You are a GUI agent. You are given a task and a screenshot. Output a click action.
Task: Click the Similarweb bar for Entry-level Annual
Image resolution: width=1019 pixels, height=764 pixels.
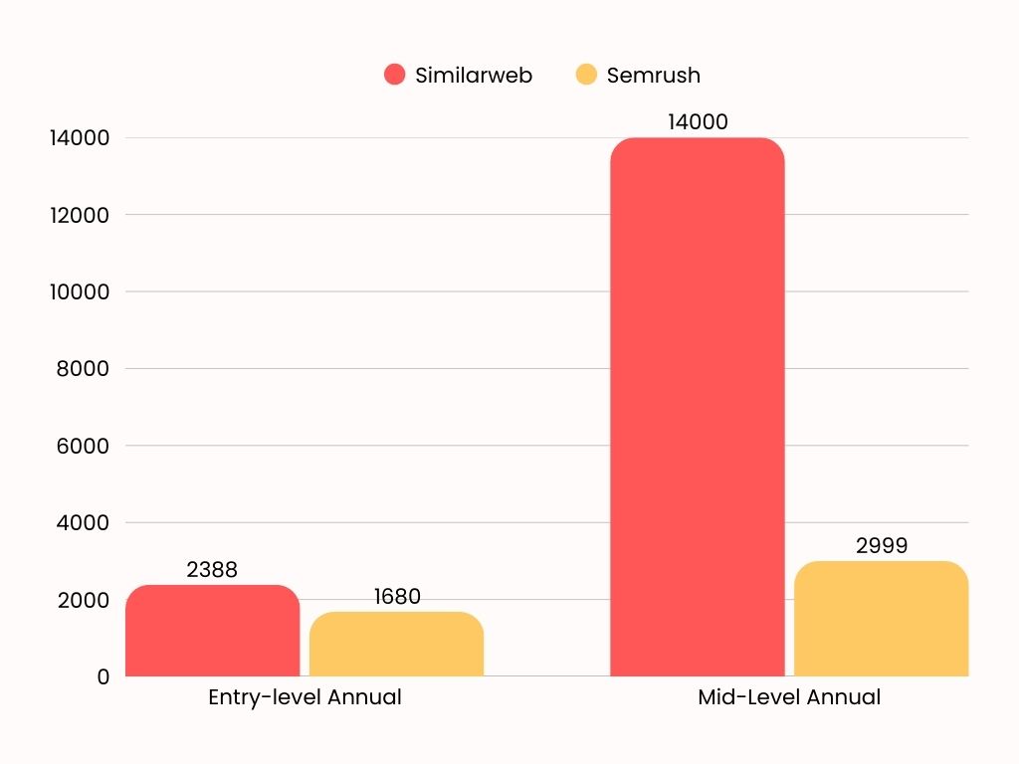tap(212, 632)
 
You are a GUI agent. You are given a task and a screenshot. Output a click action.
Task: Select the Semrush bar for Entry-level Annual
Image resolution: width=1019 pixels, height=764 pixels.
tap(396, 645)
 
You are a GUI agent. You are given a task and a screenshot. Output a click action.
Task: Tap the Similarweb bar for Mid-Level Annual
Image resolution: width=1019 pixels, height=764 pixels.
tap(697, 408)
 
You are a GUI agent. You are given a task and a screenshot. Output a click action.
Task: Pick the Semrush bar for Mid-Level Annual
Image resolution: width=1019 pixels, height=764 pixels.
tap(881, 619)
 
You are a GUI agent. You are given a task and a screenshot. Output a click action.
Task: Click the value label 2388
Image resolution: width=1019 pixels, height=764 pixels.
tap(212, 570)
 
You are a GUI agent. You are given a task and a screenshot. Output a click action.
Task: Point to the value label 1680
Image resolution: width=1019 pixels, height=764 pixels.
tap(397, 597)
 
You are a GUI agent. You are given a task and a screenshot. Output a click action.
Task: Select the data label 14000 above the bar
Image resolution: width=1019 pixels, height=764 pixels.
tap(698, 122)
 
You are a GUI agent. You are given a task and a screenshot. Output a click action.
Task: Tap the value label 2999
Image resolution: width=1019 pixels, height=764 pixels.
tap(882, 546)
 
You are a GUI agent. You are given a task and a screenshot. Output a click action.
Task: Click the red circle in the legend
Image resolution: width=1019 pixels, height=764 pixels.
tap(395, 75)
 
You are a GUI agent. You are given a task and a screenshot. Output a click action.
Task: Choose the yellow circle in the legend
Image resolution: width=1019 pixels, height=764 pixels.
tap(586, 75)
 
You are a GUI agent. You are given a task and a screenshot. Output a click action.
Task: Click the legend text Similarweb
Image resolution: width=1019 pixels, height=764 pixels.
tap(474, 76)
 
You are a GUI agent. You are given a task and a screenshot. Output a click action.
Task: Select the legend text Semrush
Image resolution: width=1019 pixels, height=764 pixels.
tap(653, 76)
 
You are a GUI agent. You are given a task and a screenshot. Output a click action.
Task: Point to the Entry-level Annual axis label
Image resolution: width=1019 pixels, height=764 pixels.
tap(305, 697)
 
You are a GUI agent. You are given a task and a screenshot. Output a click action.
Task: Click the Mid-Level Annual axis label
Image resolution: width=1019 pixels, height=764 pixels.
tap(789, 697)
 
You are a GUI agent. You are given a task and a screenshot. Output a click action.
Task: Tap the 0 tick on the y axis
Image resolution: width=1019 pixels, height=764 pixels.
tap(102, 677)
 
